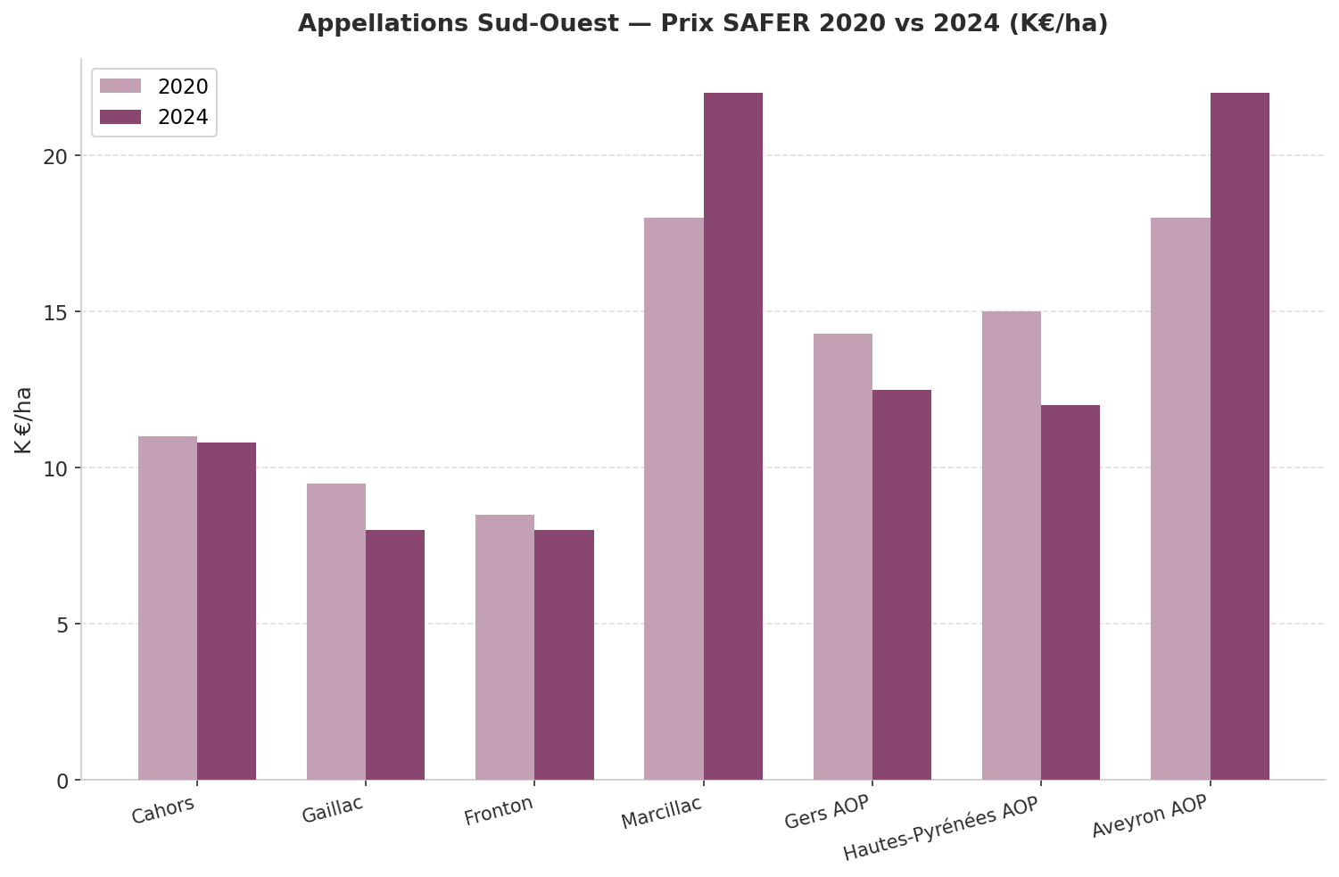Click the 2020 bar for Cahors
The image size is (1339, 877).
168,608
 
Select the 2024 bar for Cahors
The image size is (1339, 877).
227,611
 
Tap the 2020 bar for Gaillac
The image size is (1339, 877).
336,632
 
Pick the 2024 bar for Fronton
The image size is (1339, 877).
564,655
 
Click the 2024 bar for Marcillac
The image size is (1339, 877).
733,436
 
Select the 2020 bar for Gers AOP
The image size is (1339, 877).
843,557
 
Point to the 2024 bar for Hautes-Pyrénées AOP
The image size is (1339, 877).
1070,592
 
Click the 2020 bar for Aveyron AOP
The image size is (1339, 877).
1180,499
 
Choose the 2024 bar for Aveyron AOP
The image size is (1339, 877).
1240,436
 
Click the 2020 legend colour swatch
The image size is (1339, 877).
120,87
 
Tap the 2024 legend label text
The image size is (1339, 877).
183,118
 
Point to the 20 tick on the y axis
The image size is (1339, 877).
56,156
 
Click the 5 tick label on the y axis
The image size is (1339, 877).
62,625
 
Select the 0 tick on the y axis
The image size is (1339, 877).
62,782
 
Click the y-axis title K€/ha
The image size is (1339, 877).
23,420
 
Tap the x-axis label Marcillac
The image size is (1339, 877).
662,812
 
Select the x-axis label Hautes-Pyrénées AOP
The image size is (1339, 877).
941,829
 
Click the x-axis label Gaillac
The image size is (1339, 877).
333,809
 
